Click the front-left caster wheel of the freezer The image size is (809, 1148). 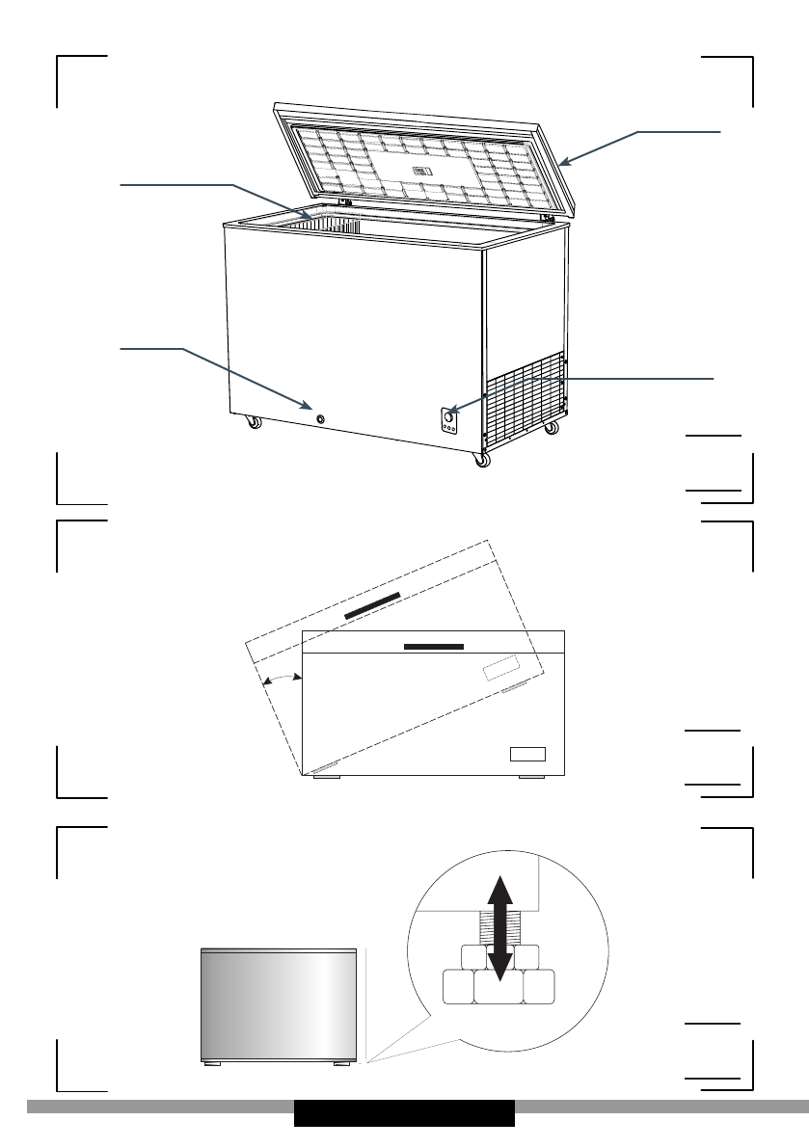tap(254, 421)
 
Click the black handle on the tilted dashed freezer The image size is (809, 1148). tap(372, 606)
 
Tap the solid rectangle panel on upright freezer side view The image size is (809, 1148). tap(528, 753)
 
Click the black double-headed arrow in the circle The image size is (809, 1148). tap(499, 930)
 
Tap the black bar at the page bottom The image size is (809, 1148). tap(404, 1113)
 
